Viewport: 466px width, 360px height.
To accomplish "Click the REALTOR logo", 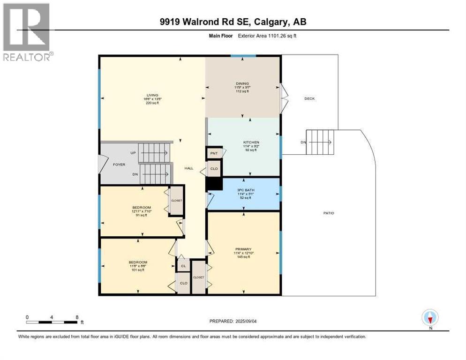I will tap(27, 32).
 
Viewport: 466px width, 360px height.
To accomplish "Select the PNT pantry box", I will tap(213, 153).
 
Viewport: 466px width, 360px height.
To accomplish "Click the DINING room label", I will tap(242, 84).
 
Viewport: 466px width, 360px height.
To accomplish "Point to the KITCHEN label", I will tap(251, 142).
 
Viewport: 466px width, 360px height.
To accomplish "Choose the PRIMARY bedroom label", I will tap(244, 249).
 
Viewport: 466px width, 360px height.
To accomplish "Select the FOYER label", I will tap(119, 165).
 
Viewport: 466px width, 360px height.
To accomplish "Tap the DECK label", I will tap(309, 98).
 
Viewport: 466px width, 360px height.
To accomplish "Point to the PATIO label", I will tap(328, 213).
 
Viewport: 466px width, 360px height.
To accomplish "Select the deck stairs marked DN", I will tap(321, 142).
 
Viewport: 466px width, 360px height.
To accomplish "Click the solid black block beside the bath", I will tap(214, 184).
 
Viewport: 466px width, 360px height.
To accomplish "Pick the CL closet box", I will tap(183, 266).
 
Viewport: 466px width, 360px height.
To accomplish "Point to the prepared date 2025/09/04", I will tap(233, 321).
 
